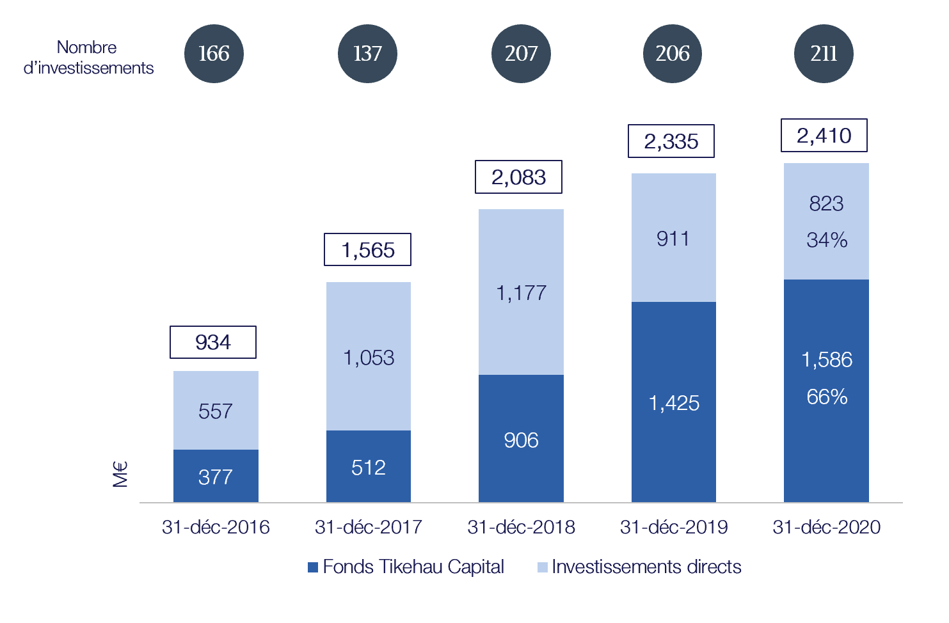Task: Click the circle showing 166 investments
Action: pos(214,54)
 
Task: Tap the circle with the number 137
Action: pos(367,54)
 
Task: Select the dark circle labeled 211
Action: pos(824,54)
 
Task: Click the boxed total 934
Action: pos(213,342)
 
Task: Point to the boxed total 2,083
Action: pos(518,177)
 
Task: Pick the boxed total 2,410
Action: pos(824,136)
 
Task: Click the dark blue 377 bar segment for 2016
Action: pos(216,477)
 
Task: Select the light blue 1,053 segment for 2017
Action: pos(369,357)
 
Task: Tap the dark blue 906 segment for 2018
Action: pos(521,439)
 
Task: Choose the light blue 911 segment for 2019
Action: pos(673,239)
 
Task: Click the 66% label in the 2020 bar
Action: pos(827,397)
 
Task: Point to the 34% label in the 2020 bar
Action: pos(827,241)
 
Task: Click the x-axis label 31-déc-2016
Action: pos(216,527)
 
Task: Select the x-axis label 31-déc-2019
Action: pos(674,527)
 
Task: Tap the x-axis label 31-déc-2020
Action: pos(827,527)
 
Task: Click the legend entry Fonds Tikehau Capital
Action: pos(406,567)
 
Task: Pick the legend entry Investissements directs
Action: pos(639,567)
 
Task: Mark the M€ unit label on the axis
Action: pos(120,474)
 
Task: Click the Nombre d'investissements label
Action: pos(88,58)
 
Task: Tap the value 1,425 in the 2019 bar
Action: pos(674,403)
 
